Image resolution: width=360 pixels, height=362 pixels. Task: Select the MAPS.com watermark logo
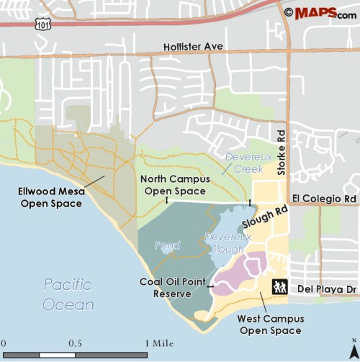point(320,12)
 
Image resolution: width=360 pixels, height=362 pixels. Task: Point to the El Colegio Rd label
point(325,198)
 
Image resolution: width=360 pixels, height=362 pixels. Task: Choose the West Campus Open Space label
point(271,325)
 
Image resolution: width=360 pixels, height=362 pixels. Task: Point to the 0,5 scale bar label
point(74,343)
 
